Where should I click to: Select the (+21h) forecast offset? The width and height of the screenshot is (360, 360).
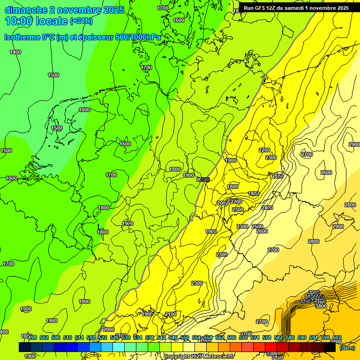pos(81,21)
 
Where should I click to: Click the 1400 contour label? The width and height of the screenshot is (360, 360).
pos(15,52)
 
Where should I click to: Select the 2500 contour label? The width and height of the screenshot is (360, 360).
pos(257,226)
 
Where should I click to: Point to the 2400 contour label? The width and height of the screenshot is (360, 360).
pos(267,208)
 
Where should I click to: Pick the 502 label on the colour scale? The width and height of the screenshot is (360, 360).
pos(44,338)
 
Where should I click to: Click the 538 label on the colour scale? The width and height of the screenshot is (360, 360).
pos(150,338)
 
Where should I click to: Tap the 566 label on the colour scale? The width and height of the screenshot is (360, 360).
pos(232,338)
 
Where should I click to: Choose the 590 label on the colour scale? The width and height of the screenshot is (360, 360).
pos(302,338)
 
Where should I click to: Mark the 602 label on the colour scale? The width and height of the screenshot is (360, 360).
pos(337,338)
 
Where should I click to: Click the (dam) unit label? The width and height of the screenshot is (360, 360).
pos(346,347)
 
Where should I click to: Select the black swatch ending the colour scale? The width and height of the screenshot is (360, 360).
pos(330,347)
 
